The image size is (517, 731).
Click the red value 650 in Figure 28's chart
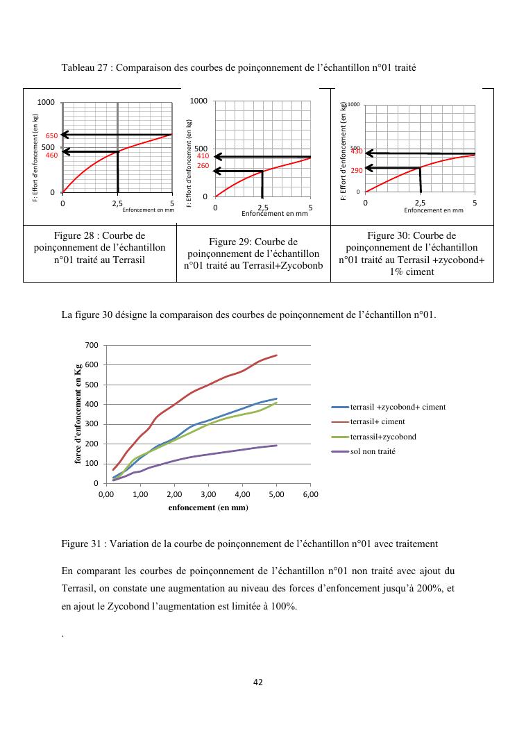tap(51, 136)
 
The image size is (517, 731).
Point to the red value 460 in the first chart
tap(51, 156)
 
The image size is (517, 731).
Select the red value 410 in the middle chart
tap(203, 156)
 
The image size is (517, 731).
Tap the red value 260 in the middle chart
tap(203, 166)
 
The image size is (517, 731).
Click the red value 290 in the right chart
tap(357, 170)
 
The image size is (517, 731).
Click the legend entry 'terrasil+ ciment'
tap(377, 421)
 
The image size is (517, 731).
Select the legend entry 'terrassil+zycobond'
tap(382, 437)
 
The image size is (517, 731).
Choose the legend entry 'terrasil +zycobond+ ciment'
tap(397, 407)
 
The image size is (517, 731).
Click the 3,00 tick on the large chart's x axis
tap(208, 494)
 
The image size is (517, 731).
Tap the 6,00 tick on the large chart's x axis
tap(310, 494)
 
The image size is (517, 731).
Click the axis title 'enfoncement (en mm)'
tap(208, 507)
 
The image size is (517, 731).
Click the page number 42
tap(258, 682)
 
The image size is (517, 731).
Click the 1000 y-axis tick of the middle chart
tap(198, 101)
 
